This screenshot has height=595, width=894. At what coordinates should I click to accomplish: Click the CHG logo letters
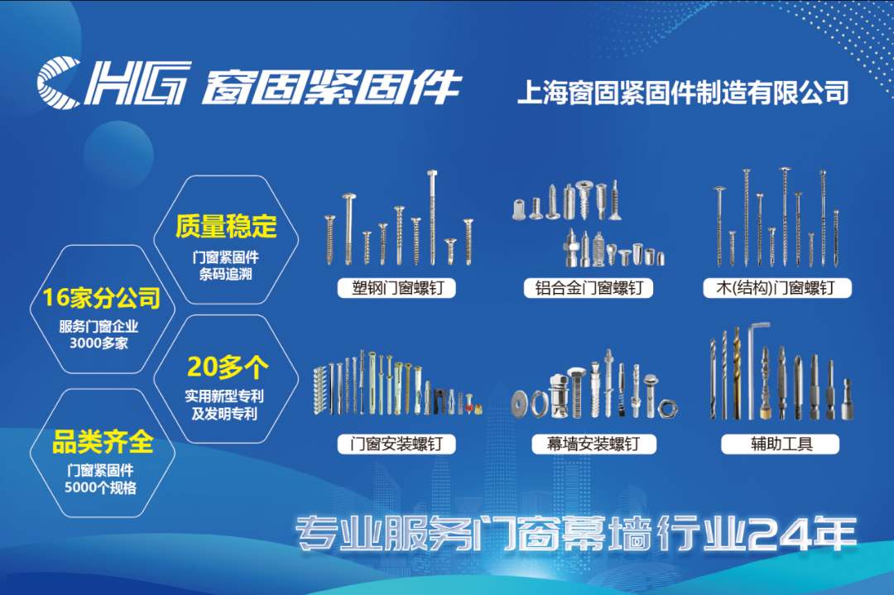point(113,84)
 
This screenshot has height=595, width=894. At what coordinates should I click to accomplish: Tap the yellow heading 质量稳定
point(226,226)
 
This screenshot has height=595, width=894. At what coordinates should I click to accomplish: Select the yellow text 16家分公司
point(102,297)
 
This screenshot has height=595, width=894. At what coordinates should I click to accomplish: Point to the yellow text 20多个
point(228,367)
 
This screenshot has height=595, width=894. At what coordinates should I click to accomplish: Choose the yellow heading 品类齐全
point(103,442)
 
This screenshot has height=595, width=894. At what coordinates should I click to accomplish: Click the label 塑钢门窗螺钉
point(397,288)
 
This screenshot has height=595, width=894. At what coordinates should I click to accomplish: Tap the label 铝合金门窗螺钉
point(589,288)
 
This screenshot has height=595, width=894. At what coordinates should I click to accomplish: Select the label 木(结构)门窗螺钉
point(776,288)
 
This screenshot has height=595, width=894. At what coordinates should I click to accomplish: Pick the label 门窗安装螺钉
point(397,444)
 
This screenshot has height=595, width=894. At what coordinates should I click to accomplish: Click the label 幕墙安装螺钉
point(593,444)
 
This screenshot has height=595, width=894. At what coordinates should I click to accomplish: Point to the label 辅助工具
point(781,444)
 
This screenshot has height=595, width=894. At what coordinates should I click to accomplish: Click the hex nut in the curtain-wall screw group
point(667,408)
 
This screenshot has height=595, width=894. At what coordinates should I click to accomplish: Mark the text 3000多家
point(99,343)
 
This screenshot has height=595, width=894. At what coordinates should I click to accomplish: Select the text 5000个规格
point(100,487)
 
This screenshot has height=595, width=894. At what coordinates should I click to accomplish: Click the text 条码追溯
point(226,274)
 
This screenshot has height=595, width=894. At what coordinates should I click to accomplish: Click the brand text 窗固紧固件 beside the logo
point(330,87)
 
